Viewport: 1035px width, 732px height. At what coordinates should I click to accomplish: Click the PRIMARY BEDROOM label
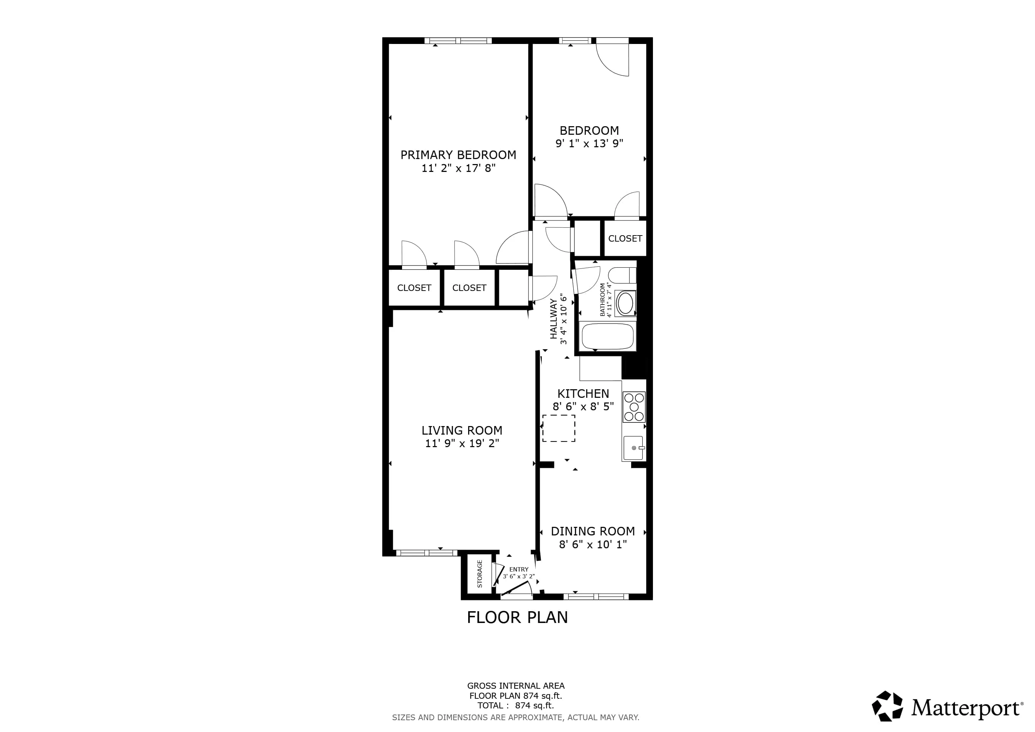click(x=458, y=155)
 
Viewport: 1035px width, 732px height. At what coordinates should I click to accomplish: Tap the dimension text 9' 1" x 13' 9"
click(x=589, y=143)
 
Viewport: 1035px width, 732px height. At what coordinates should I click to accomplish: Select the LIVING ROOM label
click(x=462, y=430)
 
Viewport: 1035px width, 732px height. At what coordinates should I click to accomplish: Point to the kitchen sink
click(x=633, y=447)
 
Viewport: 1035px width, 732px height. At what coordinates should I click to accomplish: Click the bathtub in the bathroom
click(x=607, y=336)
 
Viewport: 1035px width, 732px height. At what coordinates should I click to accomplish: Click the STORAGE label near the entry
click(x=480, y=574)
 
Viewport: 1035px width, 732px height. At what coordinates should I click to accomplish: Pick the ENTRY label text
click(x=519, y=569)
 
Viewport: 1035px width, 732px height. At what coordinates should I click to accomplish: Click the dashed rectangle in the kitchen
click(x=559, y=428)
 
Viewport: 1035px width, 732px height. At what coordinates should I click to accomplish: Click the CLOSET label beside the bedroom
click(x=625, y=238)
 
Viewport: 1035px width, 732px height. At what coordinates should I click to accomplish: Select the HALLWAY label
click(x=554, y=319)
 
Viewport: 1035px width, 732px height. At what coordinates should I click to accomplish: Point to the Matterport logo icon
click(x=887, y=706)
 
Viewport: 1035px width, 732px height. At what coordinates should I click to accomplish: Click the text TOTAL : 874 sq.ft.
click(x=516, y=706)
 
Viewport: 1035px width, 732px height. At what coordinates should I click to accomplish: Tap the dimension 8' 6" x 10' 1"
click(x=593, y=544)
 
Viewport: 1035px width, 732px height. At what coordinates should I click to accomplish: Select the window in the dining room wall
click(x=596, y=597)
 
